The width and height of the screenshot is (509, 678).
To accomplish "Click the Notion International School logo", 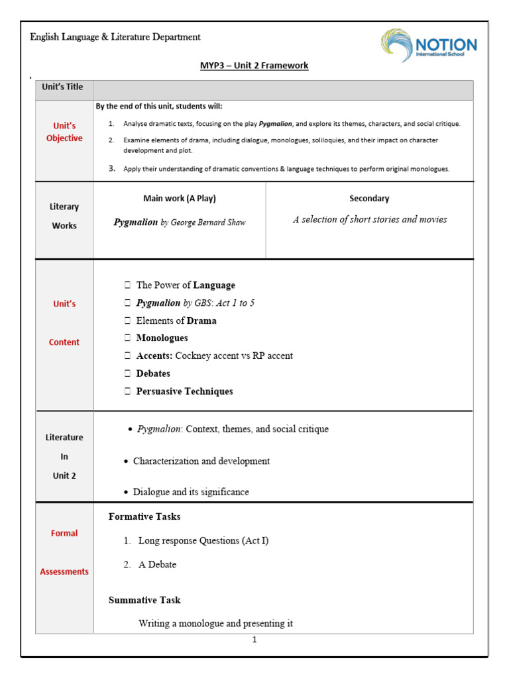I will [428, 46].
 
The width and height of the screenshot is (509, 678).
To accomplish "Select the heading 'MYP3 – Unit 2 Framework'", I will [254, 66].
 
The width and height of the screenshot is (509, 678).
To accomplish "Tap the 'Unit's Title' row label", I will [63, 87].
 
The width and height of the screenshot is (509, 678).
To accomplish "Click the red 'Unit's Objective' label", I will [64, 132].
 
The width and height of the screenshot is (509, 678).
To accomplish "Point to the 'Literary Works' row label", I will [64, 217].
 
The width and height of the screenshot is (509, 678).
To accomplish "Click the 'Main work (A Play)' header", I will [180, 199].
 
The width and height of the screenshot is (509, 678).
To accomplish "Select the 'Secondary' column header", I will [369, 199].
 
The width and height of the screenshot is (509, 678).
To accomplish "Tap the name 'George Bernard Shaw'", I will [208, 222].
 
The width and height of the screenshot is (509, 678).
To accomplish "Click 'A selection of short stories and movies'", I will [370, 220].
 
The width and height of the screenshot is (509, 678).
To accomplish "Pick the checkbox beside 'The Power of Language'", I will [127, 285].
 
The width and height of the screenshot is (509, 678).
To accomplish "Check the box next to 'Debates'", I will [127, 373].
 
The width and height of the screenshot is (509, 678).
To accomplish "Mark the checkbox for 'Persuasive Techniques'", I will [127, 391].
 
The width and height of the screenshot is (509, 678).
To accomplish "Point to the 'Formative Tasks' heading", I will [144, 516].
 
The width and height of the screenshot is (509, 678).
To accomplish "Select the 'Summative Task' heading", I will [144, 600].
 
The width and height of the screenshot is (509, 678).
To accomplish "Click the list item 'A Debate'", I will [157, 565].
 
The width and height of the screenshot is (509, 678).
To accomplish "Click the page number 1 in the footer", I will [254, 640].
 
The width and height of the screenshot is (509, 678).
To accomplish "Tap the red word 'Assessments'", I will [64, 571].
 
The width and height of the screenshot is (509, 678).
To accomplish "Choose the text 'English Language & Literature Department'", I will [115, 37].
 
